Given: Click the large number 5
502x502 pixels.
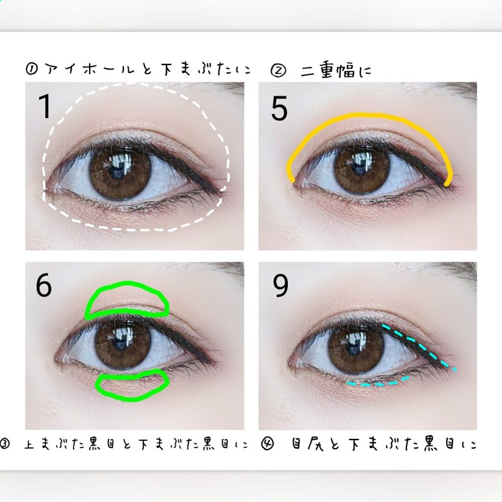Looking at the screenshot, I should coord(279,108).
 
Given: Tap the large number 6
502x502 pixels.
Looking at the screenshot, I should coord(44,286).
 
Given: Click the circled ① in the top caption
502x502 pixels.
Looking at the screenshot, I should coord(33,69).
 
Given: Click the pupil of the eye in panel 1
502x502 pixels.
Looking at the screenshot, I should coord(119,173).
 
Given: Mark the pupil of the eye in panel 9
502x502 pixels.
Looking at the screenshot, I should coord(356,347).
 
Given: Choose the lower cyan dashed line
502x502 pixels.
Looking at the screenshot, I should coord(377,383).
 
